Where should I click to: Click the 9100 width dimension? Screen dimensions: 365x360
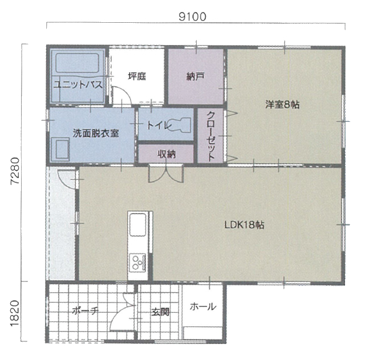pyautogui.click(x=192, y=17)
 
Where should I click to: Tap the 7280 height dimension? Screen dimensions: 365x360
pyautogui.click(x=15, y=171)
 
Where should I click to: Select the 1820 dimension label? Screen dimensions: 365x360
pyautogui.click(x=15, y=313)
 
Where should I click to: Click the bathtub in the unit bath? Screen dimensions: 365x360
pyautogui.click(x=78, y=63)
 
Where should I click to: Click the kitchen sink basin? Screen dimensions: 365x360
pyautogui.click(x=138, y=224)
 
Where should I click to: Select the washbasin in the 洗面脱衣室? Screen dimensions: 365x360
pyautogui.click(x=60, y=149)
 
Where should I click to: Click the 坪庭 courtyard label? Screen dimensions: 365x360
pyautogui.click(x=137, y=76)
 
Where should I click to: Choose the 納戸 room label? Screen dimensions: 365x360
pyautogui.click(x=195, y=76)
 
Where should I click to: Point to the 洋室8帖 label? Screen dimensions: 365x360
pyautogui.click(x=282, y=105)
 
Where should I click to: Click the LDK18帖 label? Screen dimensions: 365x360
pyautogui.click(x=244, y=225)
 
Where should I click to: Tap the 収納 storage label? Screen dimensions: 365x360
pyautogui.click(x=167, y=154)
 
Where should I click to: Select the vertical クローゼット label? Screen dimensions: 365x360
pyautogui.click(x=210, y=136)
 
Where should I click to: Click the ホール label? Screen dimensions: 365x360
pyautogui.click(x=203, y=307)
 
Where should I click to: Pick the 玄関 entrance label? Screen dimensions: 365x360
pyautogui.click(x=160, y=312)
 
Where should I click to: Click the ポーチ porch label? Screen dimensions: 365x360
pyautogui.click(x=85, y=310)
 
